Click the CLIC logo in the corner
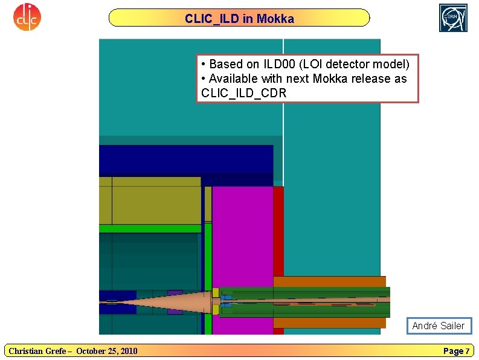tap(27, 17)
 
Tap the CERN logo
tap(453, 17)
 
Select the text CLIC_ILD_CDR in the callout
tap(243, 93)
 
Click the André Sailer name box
tap(438, 326)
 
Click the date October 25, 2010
tap(106, 351)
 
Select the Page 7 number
tap(456, 351)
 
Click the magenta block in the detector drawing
tap(242, 236)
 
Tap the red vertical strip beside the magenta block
tap(278, 230)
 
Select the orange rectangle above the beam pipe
tap(329, 281)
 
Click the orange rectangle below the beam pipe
tap(329, 323)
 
